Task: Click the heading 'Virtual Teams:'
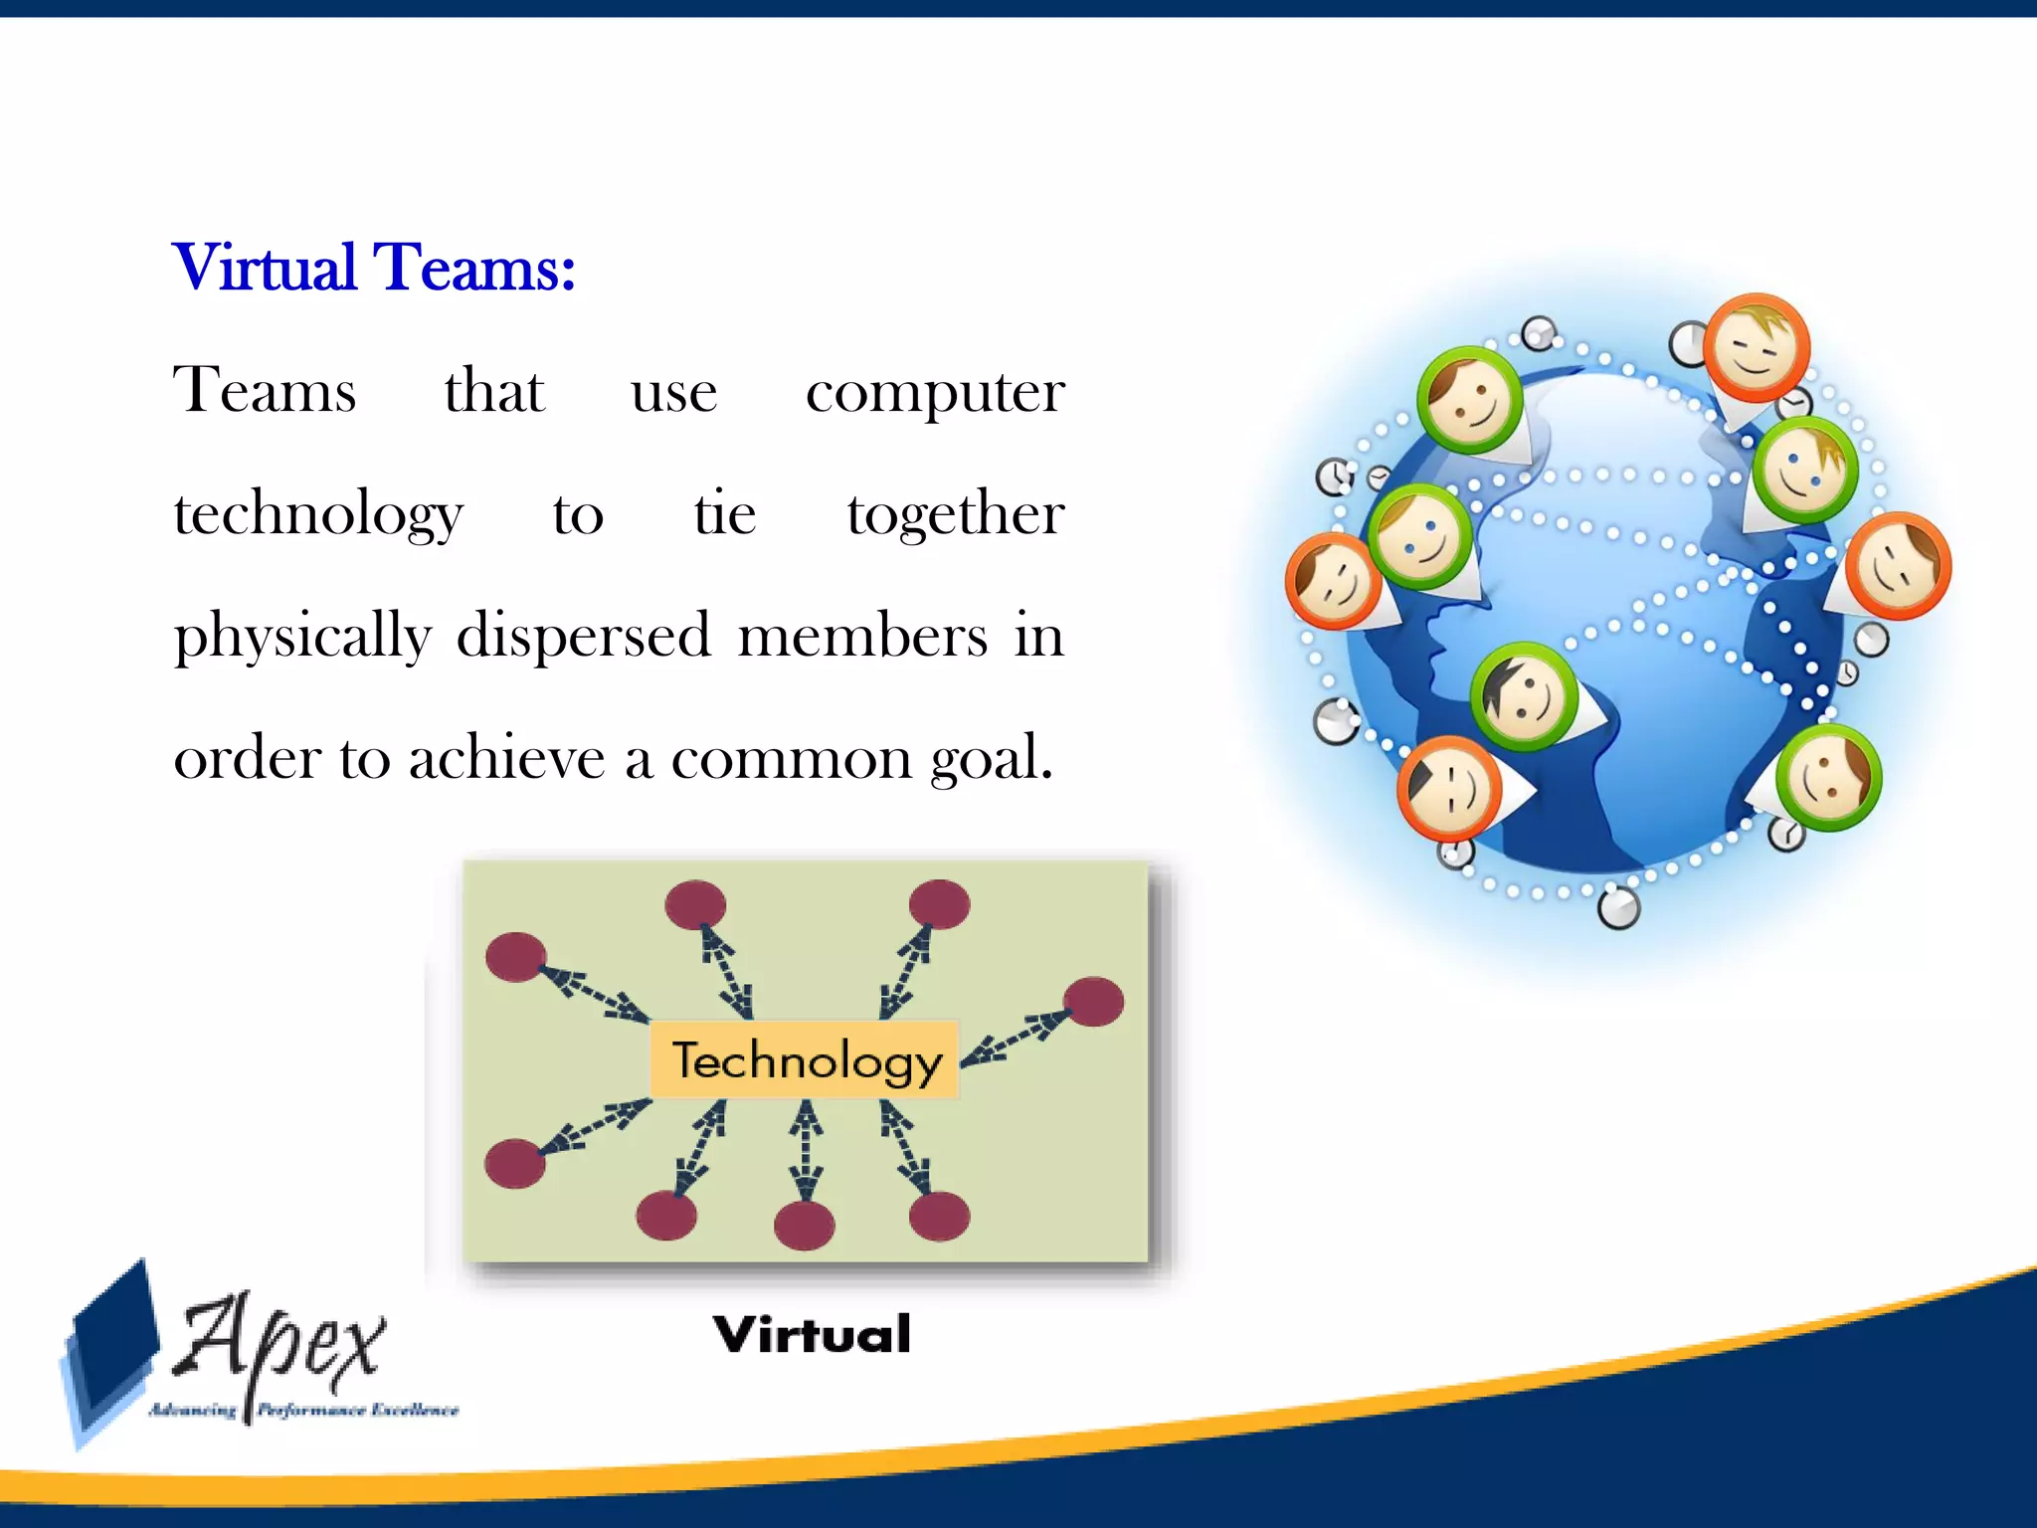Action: point(374,268)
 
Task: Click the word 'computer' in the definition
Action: point(935,392)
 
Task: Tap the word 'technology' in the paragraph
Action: point(318,514)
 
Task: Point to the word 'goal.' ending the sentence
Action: point(991,759)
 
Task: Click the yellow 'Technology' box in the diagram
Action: point(805,1060)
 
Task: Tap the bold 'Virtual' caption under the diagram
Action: point(812,1334)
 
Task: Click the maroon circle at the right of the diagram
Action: point(1093,1001)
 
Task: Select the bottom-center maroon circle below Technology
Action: point(804,1226)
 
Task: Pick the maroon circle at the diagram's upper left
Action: point(515,957)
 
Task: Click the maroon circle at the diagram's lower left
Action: point(515,1164)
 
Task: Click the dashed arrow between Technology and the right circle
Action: point(1015,1040)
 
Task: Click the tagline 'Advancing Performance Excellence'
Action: point(304,1410)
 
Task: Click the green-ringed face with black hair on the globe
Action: point(1524,696)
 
